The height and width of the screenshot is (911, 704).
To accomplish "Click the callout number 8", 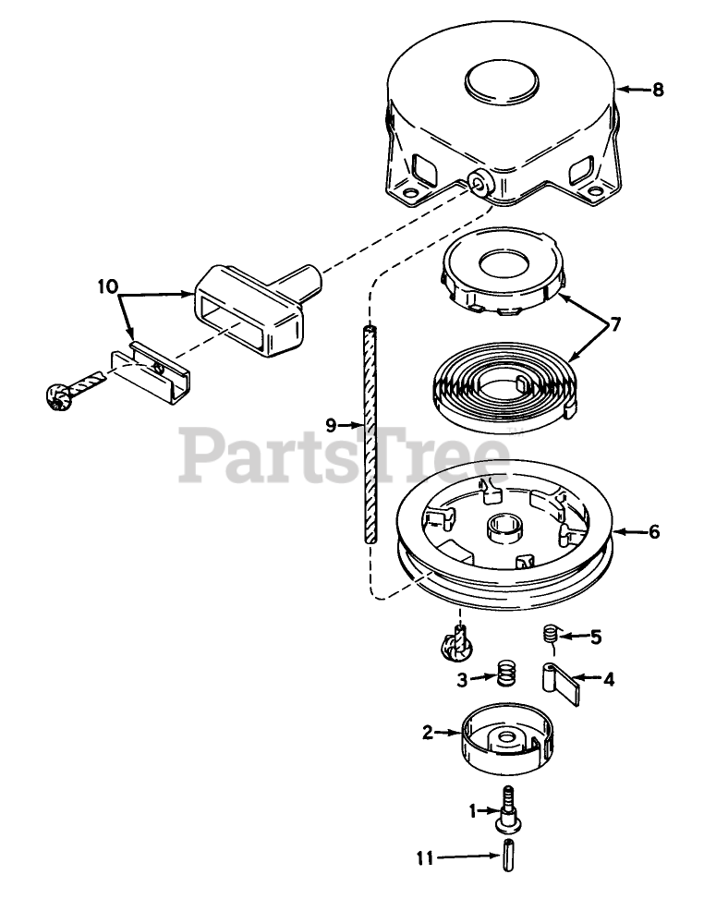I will (658, 90).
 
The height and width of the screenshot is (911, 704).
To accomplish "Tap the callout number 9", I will (330, 425).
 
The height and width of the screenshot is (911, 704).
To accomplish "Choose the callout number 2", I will (428, 733).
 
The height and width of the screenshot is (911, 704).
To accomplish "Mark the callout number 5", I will (596, 636).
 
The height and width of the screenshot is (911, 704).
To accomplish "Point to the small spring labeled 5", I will (549, 635).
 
